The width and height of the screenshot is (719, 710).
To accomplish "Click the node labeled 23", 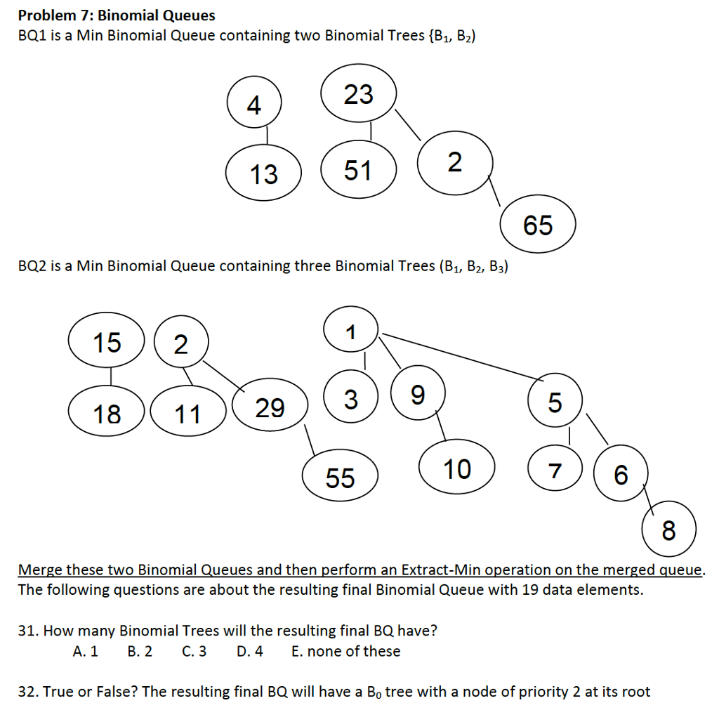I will (x=359, y=95).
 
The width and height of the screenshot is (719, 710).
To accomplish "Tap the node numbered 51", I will (x=358, y=170).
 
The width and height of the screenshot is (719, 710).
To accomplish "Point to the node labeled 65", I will (x=538, y=225).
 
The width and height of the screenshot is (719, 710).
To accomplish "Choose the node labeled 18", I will (x=107, y=414).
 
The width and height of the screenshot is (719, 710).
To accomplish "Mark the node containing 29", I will (x=270, y=407).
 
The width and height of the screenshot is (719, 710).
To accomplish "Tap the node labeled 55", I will (x=341, y=478).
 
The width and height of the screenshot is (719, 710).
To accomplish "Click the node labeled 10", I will (x=457, y=468).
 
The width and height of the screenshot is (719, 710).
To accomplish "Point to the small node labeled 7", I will (x=555, y=471).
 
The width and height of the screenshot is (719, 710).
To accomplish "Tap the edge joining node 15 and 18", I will (x=110, y=377).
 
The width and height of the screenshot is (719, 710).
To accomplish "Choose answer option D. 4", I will (x=250, y=651).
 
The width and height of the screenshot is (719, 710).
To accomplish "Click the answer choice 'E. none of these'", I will (x=345, y=651).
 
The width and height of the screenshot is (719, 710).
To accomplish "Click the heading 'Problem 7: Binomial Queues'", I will (x=117, y=15).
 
